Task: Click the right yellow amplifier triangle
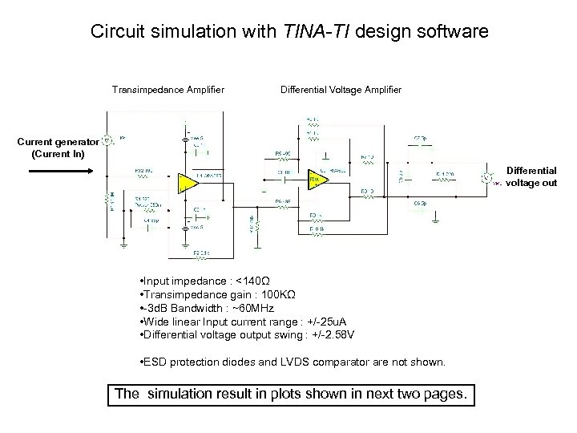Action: (x=317, y=180)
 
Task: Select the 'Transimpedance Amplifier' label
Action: (x=167, y=89)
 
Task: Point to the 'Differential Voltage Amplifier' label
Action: (x=341, y=89)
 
